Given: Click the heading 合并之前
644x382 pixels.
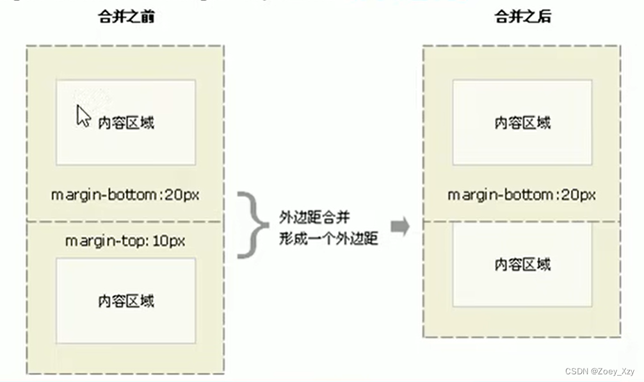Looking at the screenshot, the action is tap(126, 17).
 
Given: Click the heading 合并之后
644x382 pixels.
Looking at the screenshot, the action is tap(522, 17).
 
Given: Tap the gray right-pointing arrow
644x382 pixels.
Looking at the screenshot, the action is tap(400, 225).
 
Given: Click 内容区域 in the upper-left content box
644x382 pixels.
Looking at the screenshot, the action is tap(126, 122).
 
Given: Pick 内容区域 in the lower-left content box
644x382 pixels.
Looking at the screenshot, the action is tap(126, 301).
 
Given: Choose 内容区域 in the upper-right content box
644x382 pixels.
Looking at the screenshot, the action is tap(522, 122).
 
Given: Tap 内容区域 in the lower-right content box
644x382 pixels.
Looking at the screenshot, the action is tap(522, 264).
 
